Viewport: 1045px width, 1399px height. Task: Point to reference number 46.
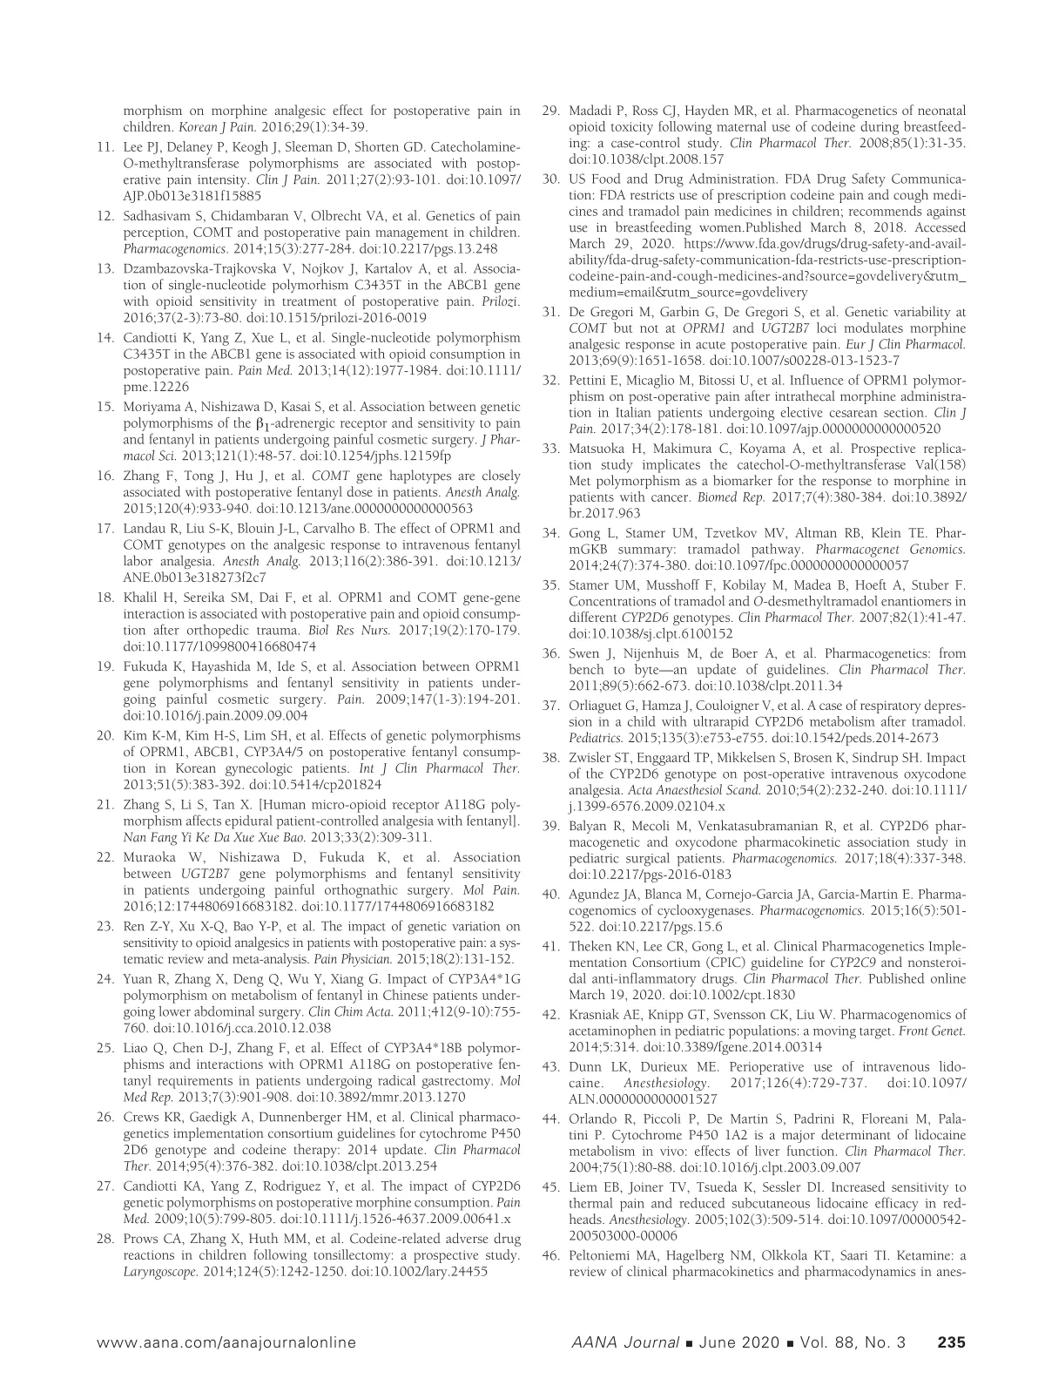(x=549, y=1255)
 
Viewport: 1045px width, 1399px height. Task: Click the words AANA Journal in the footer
(x=620, y=1342)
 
